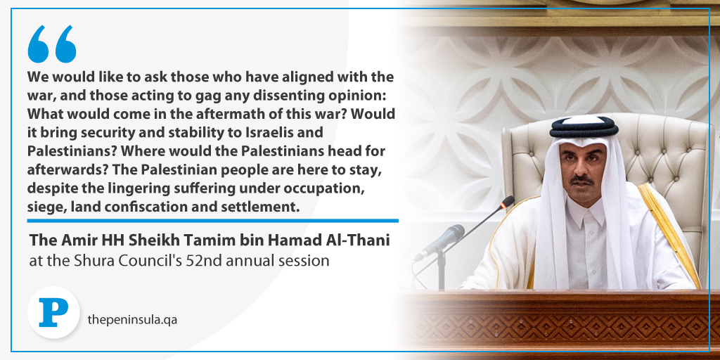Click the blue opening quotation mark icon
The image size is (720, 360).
[52, 44]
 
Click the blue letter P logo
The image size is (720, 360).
[53, 313]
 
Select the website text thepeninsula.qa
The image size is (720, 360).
[132, 320]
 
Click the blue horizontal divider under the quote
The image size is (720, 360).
[212, 221]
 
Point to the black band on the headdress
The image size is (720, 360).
[584, 128]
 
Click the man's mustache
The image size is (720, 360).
[582, 178]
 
